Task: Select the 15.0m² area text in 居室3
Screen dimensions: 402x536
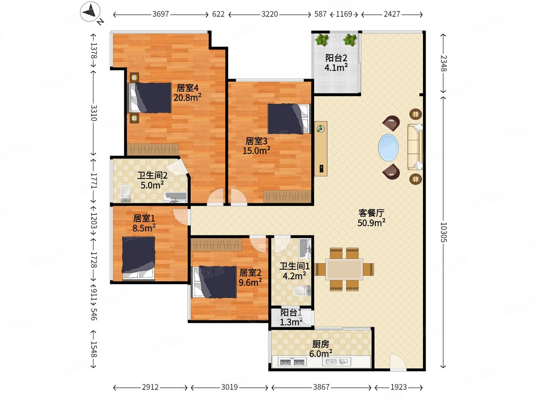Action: (x=256, y=151)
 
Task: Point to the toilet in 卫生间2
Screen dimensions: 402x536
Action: (x=126, y=193)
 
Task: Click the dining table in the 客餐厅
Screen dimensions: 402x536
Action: (x=344, y=269)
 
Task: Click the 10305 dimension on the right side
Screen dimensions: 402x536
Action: (x=443, y=232)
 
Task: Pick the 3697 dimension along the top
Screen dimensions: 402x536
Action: (x=161, y=14)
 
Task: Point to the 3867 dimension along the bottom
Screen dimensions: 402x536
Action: (x=321, y=387)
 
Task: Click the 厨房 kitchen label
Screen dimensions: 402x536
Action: (x=321, y=344)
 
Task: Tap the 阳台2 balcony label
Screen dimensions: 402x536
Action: (x=336, y=58)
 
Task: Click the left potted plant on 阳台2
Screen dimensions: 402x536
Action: (x=321, y=40)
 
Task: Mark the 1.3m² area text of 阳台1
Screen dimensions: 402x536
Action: (x=291, y=322)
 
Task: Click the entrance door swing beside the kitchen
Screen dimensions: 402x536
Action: (x=397, y=362)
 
